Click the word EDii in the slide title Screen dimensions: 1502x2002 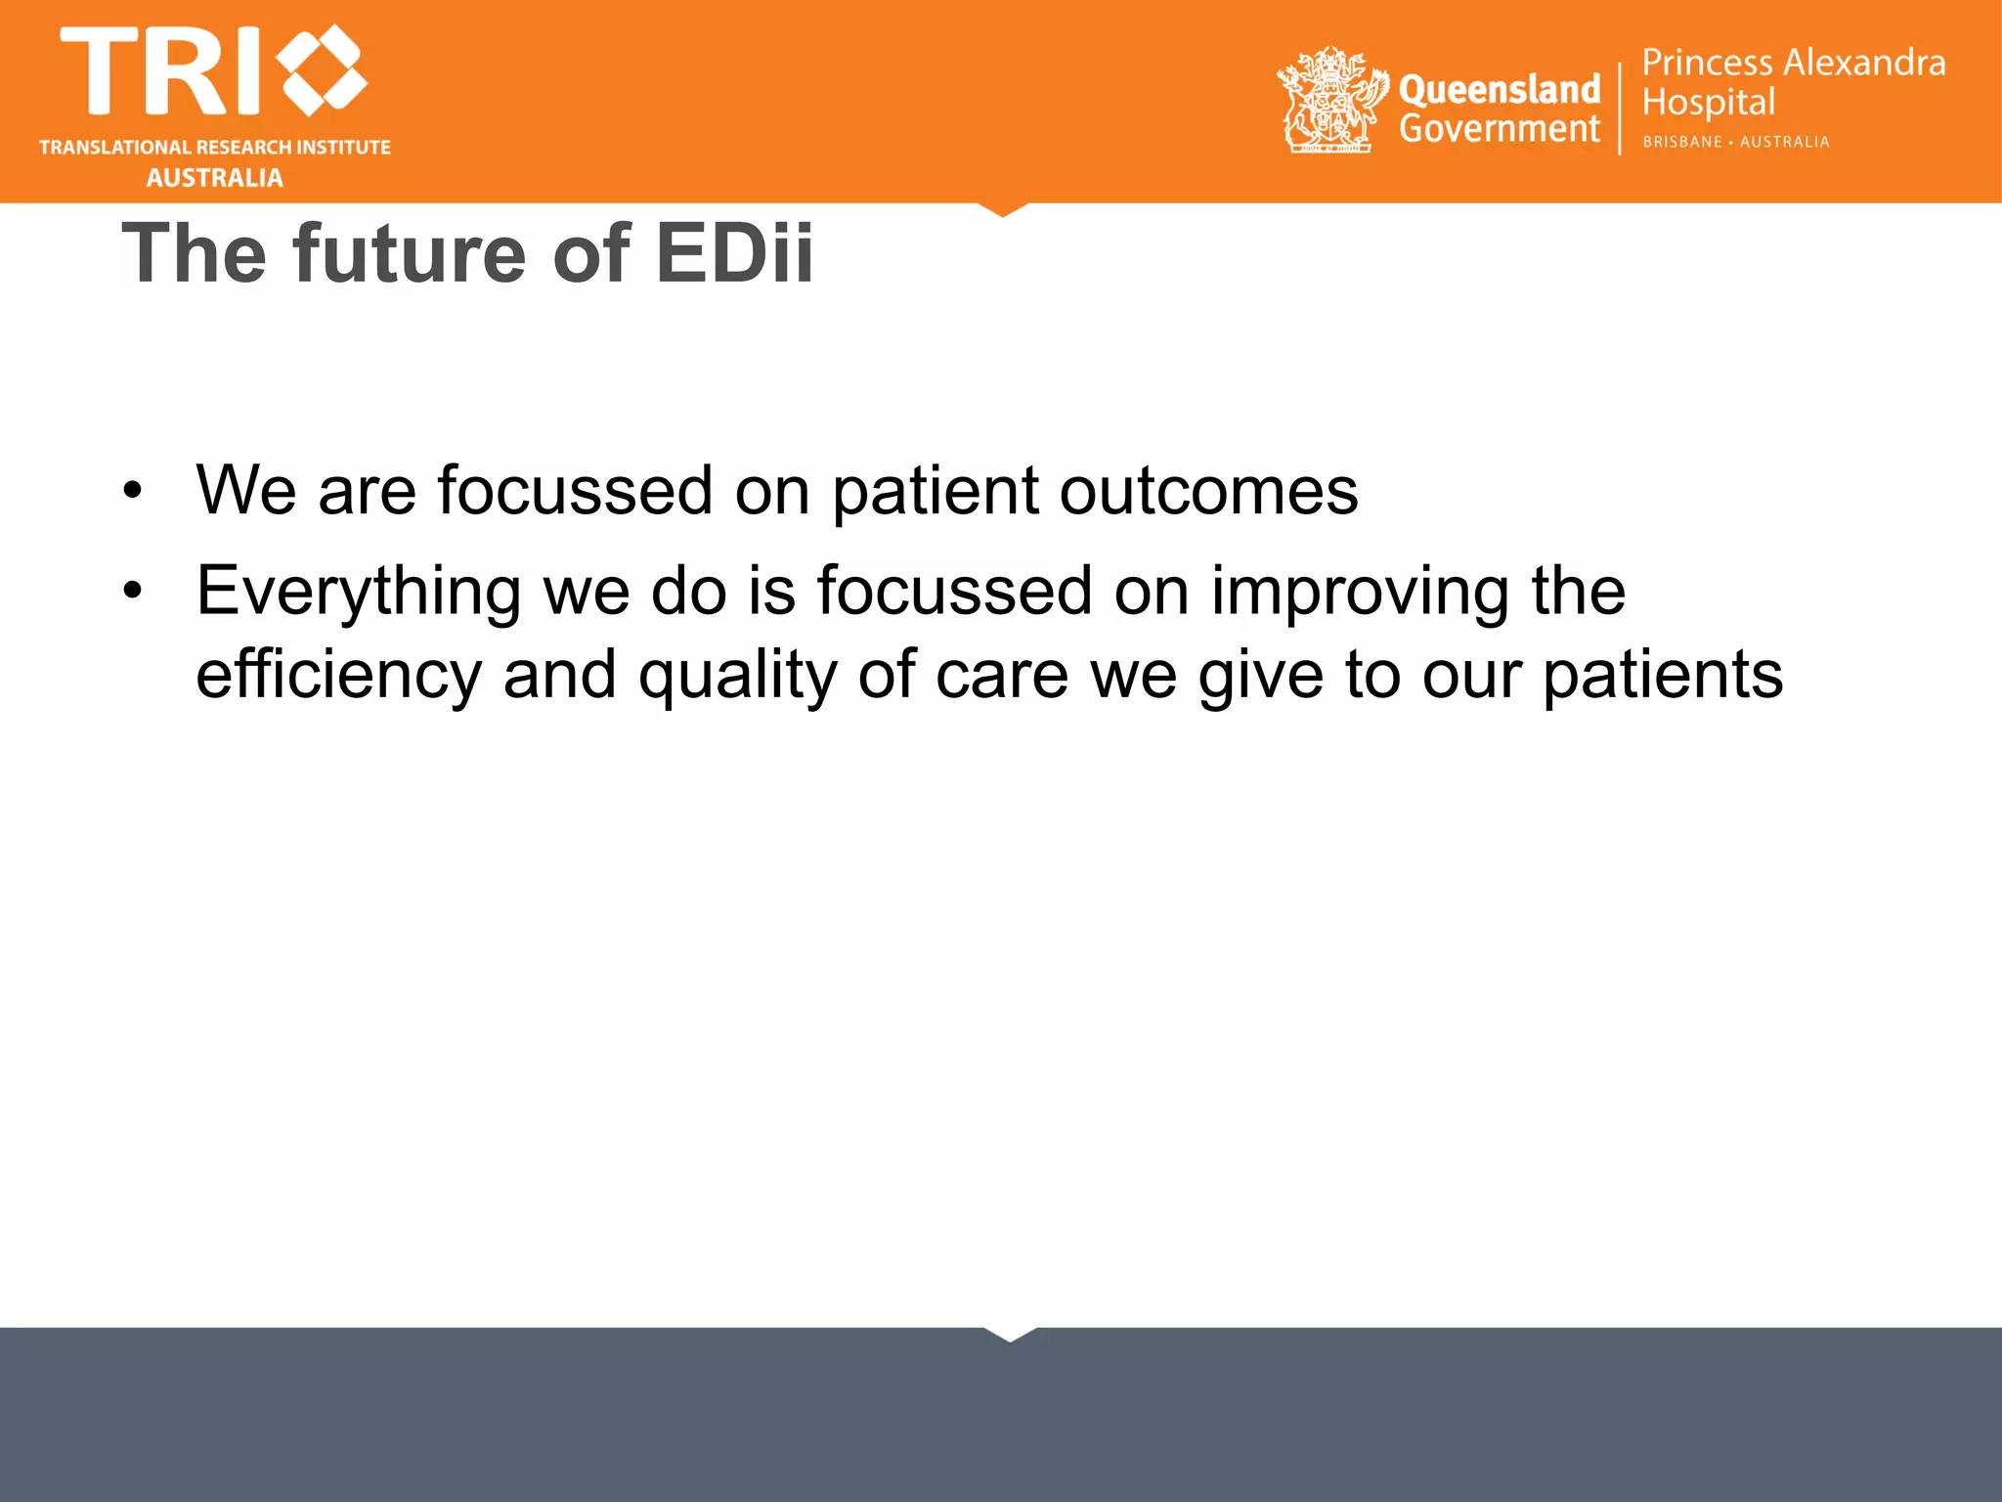(733, 254)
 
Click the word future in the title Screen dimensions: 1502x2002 (412, 254)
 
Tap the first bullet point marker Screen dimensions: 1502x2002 (133, 490)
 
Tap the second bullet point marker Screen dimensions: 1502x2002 (133, 591)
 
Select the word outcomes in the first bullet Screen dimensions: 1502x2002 (1208, 491)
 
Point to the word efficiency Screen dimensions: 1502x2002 (338, 676)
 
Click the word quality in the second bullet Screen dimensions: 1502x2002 (737, 676)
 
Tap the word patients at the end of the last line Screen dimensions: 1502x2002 (1662, 676)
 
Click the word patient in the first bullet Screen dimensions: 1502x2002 (935, 491)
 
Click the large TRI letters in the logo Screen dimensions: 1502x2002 (161, 71)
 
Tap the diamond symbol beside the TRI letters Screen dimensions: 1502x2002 (322, 70)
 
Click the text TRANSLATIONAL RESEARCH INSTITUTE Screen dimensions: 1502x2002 (215, 148)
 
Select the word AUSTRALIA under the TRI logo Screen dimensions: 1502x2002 (215, 178)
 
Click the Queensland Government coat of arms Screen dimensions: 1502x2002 (1330, 100)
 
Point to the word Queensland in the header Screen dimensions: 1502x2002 (1499, 90)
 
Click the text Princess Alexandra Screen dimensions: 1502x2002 (1793, 63)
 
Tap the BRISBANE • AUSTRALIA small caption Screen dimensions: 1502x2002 (1735, 142)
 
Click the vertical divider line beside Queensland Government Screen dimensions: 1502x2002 (1620, 108)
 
